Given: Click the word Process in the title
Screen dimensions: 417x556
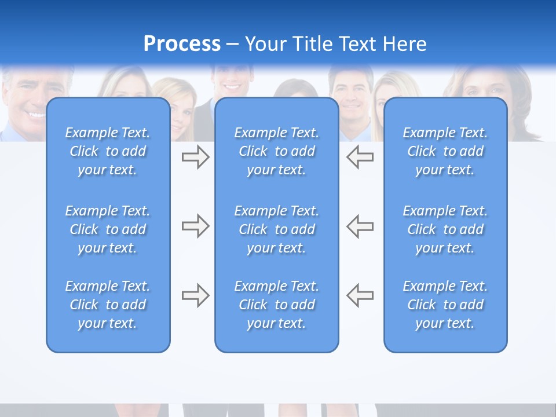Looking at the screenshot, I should [182, 44].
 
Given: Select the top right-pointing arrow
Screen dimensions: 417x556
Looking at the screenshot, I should [195, 157].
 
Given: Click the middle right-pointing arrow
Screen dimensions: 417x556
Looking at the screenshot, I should [195, 226].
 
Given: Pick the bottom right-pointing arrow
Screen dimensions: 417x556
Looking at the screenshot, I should [195, 295].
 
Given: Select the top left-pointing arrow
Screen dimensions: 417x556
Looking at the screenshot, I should [360, 157].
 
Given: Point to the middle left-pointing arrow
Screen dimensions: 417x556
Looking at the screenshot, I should [360, 226].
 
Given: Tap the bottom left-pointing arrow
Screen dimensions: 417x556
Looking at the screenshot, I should [360, 295].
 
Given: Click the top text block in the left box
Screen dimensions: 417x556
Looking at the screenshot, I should [108, 151].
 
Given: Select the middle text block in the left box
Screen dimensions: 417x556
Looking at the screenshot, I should [108, 229].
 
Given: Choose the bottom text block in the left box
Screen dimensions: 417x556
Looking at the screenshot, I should [108, 305].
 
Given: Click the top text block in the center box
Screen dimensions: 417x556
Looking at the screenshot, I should [276, 151].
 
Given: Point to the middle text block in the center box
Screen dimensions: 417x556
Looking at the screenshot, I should [276, 229].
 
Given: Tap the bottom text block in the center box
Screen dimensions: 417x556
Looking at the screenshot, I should [276, 305].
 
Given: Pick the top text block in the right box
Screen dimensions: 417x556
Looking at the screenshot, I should [445, 151].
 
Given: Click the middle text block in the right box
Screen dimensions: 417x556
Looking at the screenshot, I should [445, 229].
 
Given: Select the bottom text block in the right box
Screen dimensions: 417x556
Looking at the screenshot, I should [445, 305].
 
